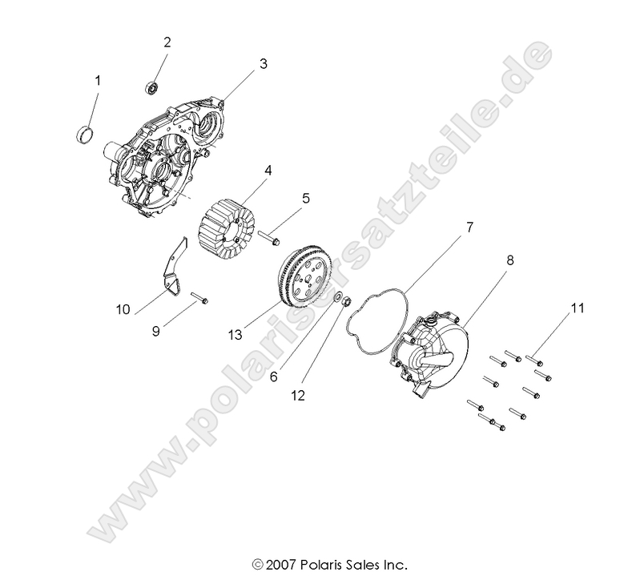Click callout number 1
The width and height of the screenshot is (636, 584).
coord(98,80)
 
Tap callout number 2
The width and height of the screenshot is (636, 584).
coord(167,42)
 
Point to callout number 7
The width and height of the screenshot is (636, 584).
coord(470,228)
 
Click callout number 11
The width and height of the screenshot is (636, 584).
coord(577,308)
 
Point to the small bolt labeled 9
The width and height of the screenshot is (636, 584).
coord(200,299)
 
